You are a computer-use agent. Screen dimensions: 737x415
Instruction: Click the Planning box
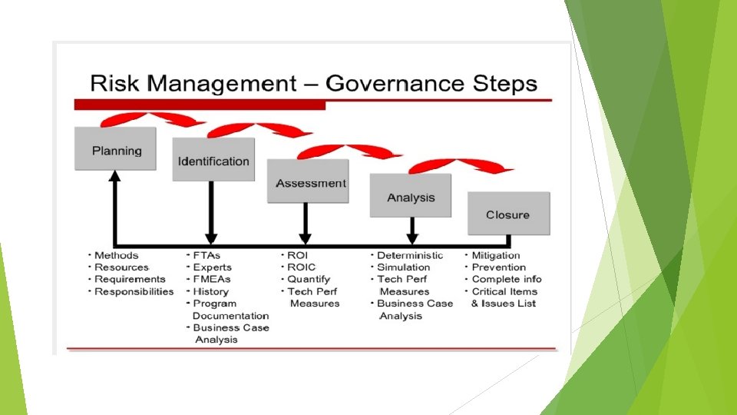pos(117,150)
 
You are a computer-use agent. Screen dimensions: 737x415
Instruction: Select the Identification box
pos(213,161)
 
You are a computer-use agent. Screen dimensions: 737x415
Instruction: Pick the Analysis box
pos(411,197)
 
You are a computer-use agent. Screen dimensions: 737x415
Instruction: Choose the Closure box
pos(507,214)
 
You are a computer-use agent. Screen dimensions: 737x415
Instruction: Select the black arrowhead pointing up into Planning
pos(116,176)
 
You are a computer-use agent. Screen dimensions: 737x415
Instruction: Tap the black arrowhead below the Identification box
pos(211,238)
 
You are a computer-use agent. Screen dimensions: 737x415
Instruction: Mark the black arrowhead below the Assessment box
pos(305,238)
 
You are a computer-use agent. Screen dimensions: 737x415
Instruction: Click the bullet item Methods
pos(116,255)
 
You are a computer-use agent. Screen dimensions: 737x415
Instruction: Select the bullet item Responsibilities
pos(134,291)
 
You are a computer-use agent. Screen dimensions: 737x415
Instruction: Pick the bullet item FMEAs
pos(211,279)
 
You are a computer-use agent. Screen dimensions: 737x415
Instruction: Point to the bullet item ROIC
pos(301,267)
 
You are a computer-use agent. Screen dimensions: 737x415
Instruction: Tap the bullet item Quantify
pos(308,279)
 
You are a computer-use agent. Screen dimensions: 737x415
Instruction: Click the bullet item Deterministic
pos(410,255)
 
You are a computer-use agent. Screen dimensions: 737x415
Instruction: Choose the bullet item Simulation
pos(403,267)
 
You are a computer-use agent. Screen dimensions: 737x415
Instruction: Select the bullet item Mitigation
pos(495,255)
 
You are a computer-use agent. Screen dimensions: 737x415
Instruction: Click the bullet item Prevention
pos(498,267)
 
